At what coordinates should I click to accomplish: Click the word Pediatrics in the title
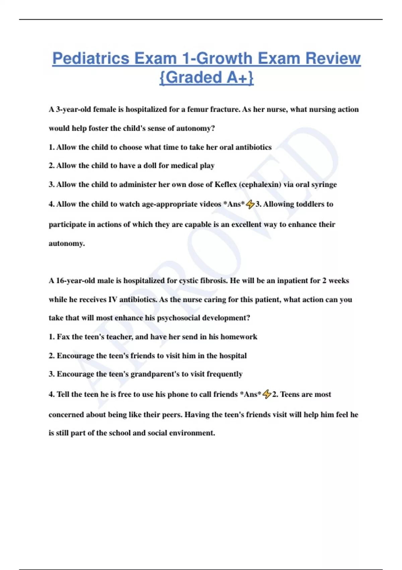click(91, 59)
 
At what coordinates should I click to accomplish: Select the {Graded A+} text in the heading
click(206, 77)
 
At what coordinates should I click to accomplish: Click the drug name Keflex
click(225, 184)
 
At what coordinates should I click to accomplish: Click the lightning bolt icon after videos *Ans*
click(250, 204)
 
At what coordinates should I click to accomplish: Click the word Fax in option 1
click(63, 337)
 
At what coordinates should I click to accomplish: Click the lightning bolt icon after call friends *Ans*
click(267, 394)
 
